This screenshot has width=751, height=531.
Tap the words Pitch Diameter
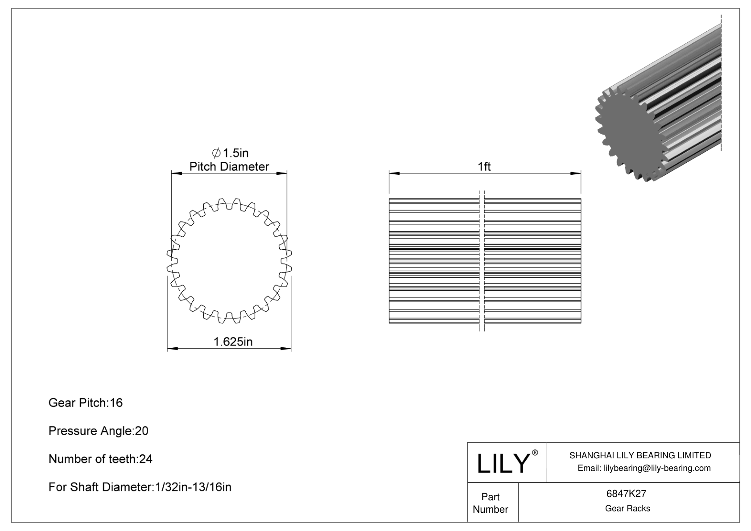coord(229,167)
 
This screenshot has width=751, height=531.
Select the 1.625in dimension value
coord(233,342)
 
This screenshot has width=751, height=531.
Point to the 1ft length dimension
coord(484,167)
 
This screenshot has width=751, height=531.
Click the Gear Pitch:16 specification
coord(86,403)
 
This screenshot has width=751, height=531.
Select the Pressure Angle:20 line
coord(98,431)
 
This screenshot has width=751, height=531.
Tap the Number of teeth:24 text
coord(100,459)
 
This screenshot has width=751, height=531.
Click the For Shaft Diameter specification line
coord(140,487)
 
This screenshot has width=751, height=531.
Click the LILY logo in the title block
coord(502,463)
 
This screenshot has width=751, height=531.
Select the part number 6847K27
coord(627,494)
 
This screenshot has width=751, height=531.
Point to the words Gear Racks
coord(627,508)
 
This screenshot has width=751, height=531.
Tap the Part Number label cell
coord(490,503)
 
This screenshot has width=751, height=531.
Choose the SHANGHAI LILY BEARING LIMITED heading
coord(640,455)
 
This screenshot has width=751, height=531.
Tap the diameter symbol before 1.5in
coord(216,153)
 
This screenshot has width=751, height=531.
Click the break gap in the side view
coord(482,261)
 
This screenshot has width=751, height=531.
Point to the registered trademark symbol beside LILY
coord(535,453)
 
